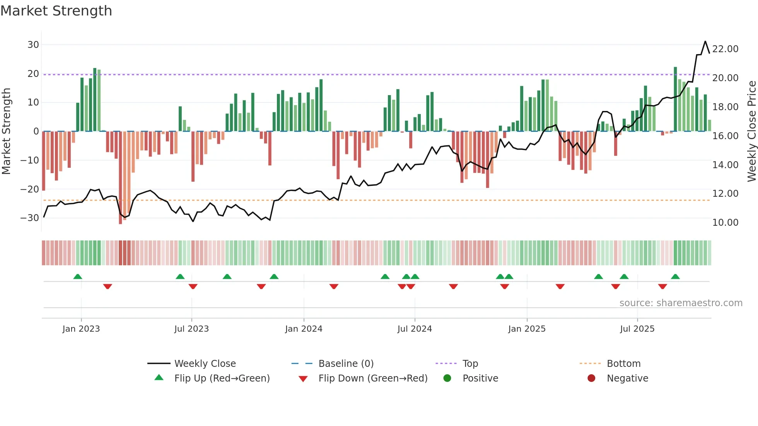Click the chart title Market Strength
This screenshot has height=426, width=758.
(x=56, y=11)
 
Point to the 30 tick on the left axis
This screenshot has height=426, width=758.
(x=33, y=45)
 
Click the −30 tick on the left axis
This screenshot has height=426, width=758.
(x=30, y=218)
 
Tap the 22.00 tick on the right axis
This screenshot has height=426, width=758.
(x=725, y=49)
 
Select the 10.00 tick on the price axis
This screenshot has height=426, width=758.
(x=725, y=223)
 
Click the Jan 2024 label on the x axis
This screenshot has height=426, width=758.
(x=304, y=329)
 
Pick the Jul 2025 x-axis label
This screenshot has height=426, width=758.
(x=637, y=329)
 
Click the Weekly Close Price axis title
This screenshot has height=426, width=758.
(x=751, y=131)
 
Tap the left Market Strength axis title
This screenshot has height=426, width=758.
(x=7, y=131)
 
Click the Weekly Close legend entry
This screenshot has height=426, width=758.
(x=205, y=364)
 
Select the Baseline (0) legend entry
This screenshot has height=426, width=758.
(x=346, y=364)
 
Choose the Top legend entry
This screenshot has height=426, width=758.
(x=470, y=364)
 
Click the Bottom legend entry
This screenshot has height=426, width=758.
(x=623, y=364)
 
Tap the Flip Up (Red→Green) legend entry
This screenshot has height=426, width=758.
(x=222, y=378)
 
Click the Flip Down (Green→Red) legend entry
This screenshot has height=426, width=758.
(x=373, y=378)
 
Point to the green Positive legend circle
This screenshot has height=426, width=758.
(x=447, y=378)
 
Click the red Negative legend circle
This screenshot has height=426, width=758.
(x=591, y=378)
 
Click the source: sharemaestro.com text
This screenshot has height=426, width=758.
(x=681, y=303)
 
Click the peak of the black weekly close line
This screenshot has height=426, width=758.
(x=705, y=41)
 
